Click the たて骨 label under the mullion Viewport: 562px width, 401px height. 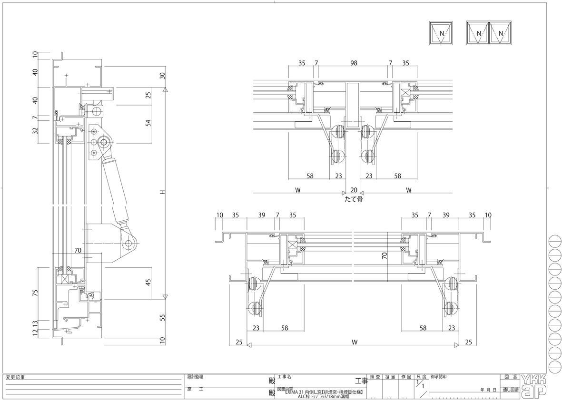[x=354, y=199]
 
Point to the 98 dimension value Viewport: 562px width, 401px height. [x=354, y=63]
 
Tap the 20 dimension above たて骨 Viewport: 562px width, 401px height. [x=354, y=190]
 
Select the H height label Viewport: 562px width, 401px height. [x=162, y=193]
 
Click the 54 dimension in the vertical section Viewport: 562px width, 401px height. [x=148, y=123]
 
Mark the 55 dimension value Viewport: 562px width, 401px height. [x=162, y=317]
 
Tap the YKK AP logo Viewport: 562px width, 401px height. [x=534, y=385]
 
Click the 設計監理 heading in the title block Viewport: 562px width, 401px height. [x=195, y=377]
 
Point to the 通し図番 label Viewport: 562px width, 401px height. [x=509, y=390]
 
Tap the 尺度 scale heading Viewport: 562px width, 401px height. [x=421, y=377]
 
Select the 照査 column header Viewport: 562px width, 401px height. [x=375, y=377]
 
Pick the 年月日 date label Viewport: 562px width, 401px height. [x=489, y=390]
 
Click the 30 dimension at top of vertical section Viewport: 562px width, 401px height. [x=162, y=76]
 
